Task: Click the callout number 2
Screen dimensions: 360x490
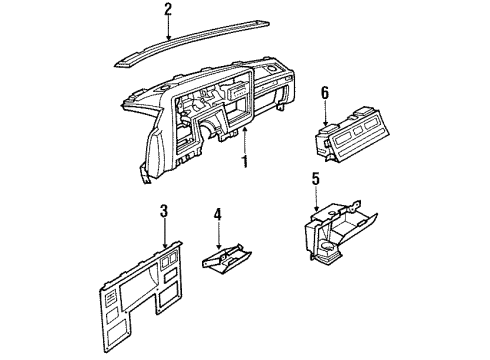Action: [x=167, y=11]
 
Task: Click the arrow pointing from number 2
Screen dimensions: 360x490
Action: [x=167, y=29]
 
